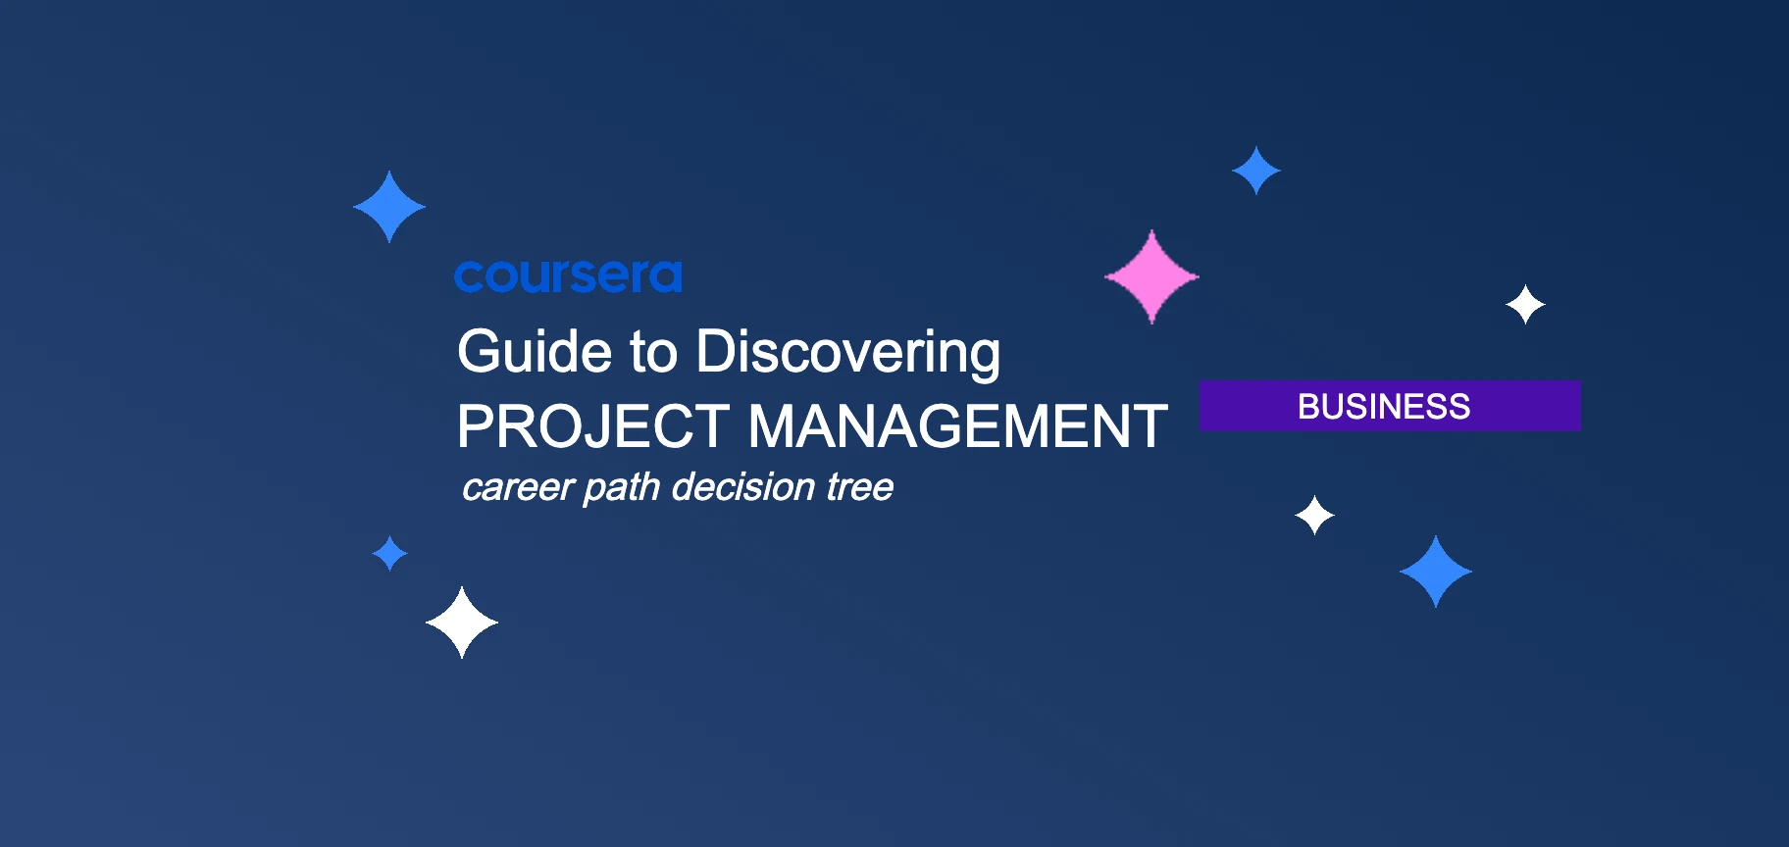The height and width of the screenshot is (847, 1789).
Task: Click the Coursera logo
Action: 568,276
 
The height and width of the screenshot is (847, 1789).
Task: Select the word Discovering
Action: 847,353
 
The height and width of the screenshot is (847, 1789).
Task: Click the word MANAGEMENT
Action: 957,427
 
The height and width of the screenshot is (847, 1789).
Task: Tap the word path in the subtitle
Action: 621,488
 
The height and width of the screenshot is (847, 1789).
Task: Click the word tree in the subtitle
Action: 859,487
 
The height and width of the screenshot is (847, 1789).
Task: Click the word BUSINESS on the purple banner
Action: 1384,406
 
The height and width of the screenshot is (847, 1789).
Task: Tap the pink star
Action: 1151,276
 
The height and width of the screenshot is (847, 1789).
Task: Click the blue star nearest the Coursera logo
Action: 389,207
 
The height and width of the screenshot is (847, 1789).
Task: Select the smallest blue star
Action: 389,553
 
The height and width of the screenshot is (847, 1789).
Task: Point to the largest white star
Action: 462,623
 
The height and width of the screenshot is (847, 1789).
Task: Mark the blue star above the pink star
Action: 1256,171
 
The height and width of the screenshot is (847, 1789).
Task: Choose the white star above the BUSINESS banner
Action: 1525,305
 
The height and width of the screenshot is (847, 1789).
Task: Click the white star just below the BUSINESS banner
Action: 1314,515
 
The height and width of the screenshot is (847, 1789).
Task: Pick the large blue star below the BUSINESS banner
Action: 1436,572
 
